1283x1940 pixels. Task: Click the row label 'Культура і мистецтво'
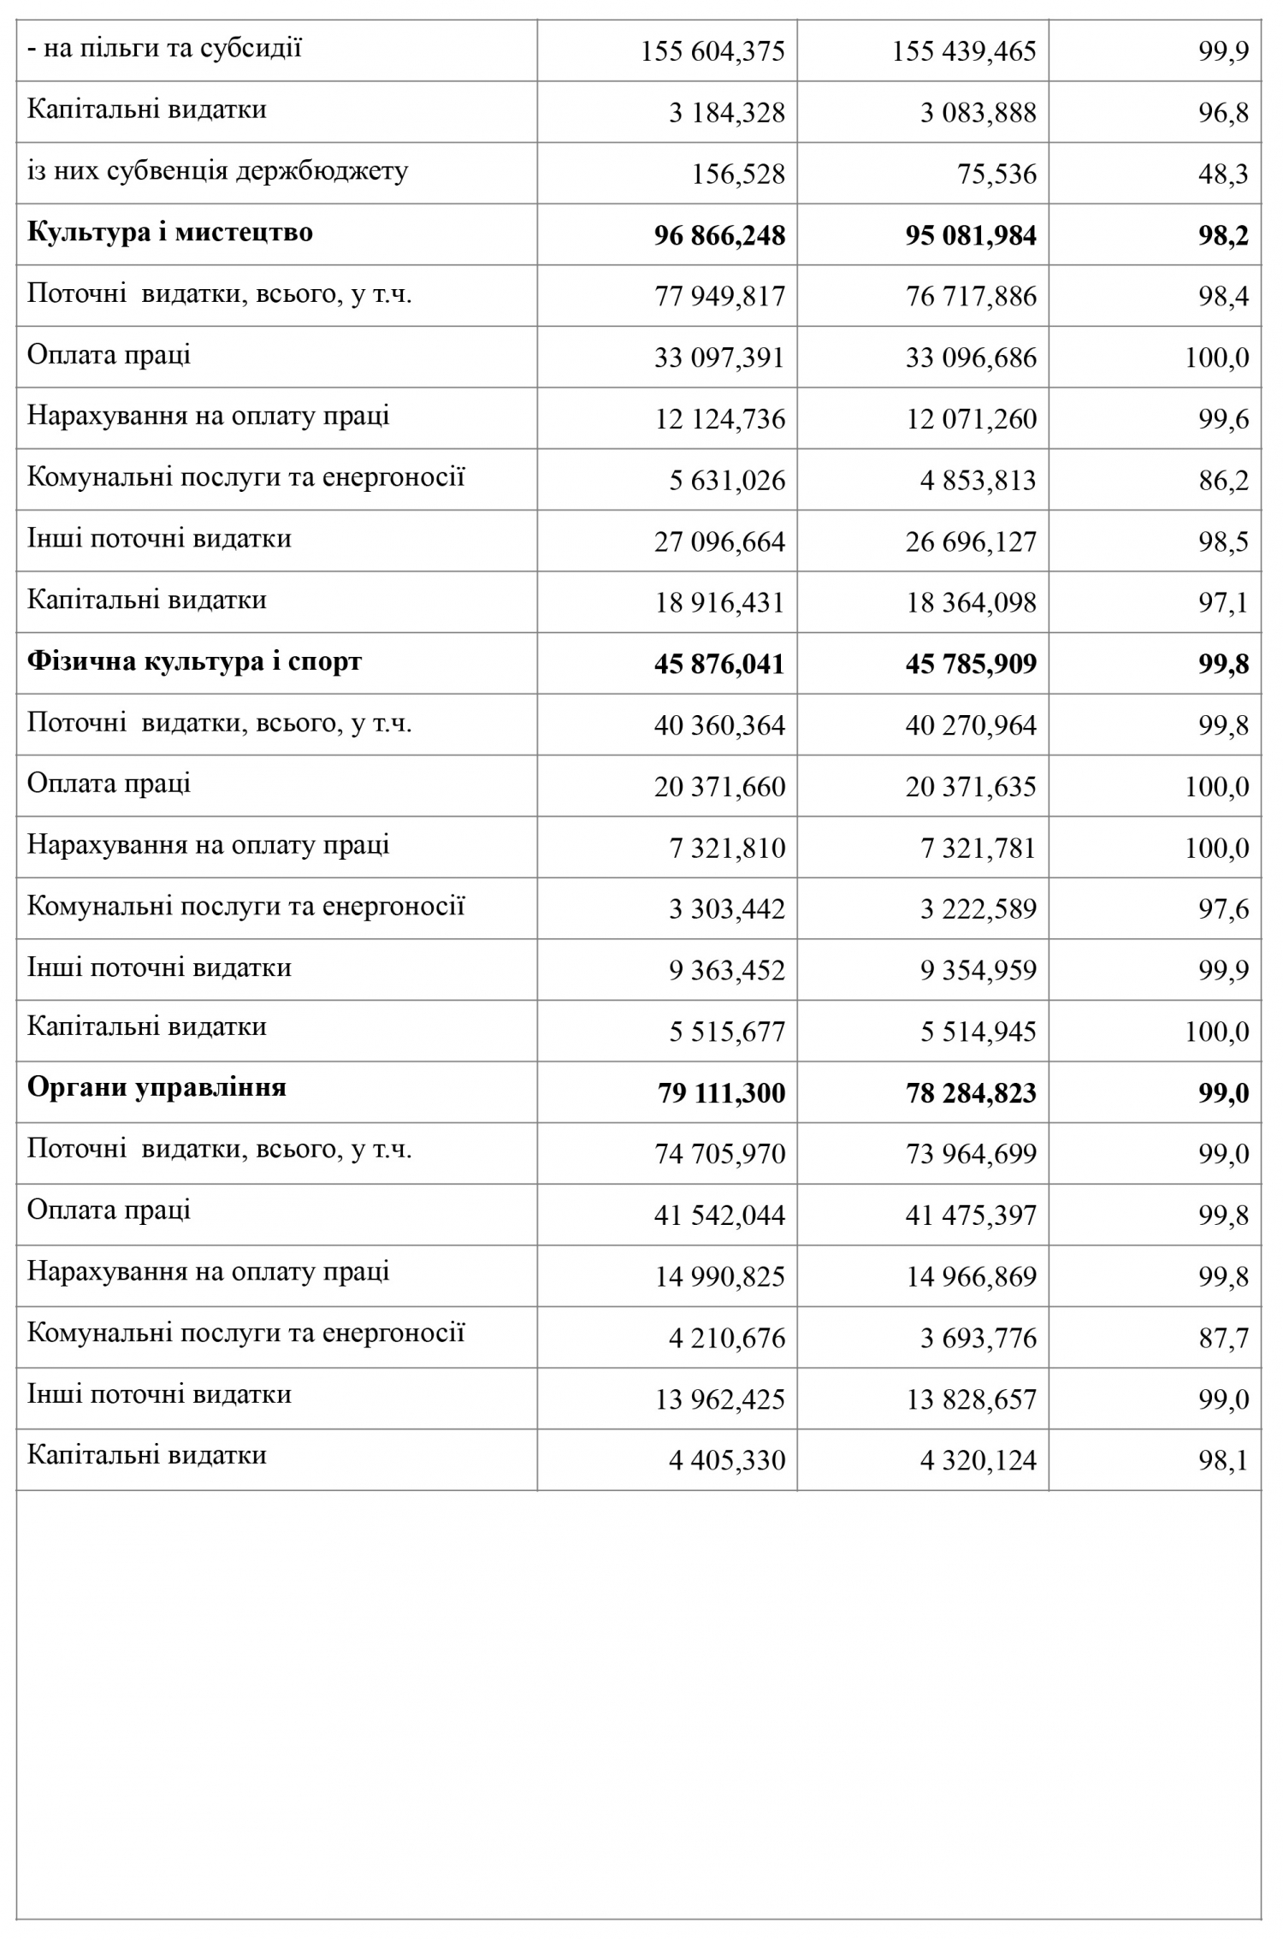pyautogui.click(x=170, y=233)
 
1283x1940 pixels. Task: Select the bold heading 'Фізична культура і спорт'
pyautogui.click(x=194, y=661)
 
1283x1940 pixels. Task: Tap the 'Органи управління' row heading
pyautogui.click(x=157, y=1087)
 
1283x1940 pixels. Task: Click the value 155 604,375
pyautogui.click(x=712, y=52)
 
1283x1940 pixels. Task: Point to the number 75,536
pyautogui.click(x=996, y=174)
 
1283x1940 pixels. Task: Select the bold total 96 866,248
pyautogui.click(x=719, y=236)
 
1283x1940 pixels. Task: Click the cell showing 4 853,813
pyautogui.click(x=978, y=481)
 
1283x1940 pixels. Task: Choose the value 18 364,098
pyautogui.click(x=971, y=603)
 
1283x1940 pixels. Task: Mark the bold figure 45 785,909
pyautogui.click(x=971, y=665)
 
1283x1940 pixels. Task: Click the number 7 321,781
pyautogui.click(x=978, y=849)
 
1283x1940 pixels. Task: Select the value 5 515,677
pyautogui.click(x=726, y=1032)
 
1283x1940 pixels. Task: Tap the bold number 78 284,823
pyautogui.click(x=971, y=1093)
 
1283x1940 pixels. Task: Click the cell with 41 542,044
pyautogui.click(x=719, y=1215)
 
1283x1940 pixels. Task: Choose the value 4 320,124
pyautogui.click(x=978, y=1460)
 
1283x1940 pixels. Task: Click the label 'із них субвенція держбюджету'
pyautogui.click(x=217, y=171)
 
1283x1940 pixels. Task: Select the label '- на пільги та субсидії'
pyautogui.click(x=164, y=48)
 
